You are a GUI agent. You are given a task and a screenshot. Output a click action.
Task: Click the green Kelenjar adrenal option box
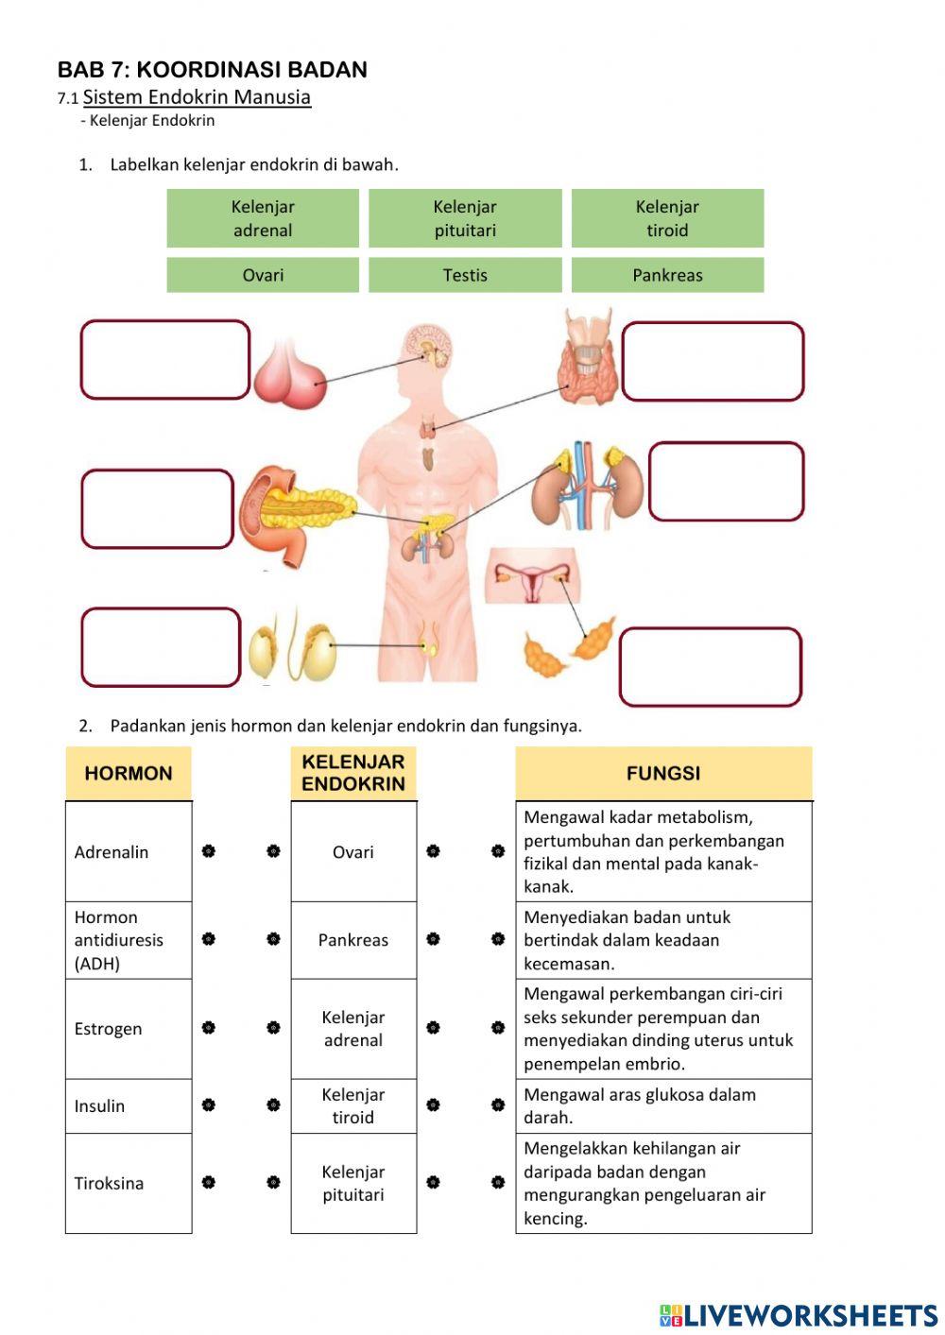click(263, 218)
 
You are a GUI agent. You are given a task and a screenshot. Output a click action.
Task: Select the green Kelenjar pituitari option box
click(465, 218)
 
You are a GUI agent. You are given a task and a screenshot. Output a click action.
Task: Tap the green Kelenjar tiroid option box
click(667, 218)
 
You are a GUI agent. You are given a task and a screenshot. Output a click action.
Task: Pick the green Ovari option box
click(263, 275)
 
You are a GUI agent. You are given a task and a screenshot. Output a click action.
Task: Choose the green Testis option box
click(465, 275)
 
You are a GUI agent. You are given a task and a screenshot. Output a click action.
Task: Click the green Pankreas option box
click(667, 275)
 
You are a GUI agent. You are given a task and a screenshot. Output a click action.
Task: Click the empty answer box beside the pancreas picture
click(157, 509)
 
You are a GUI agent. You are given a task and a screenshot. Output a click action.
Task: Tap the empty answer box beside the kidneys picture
click(726, 481)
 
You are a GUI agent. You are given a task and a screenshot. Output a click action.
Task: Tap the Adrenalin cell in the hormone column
click(129, 851)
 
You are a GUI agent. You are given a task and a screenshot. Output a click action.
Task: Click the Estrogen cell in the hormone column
click(129, 1029)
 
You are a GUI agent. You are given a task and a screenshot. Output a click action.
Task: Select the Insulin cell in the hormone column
click(129, 1106)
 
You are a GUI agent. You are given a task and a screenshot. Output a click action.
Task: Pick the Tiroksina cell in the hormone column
click(129, 1184)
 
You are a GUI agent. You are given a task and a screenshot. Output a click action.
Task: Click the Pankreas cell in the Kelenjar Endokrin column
click(353, 940)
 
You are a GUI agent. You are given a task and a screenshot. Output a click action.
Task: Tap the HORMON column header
click(129, 773)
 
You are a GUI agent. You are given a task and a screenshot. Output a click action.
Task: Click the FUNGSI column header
click(663, 773)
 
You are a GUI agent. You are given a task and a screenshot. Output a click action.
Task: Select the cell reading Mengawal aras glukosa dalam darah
click(663, 1106)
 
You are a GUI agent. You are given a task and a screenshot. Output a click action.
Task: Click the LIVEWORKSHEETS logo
click(799, 1315)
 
